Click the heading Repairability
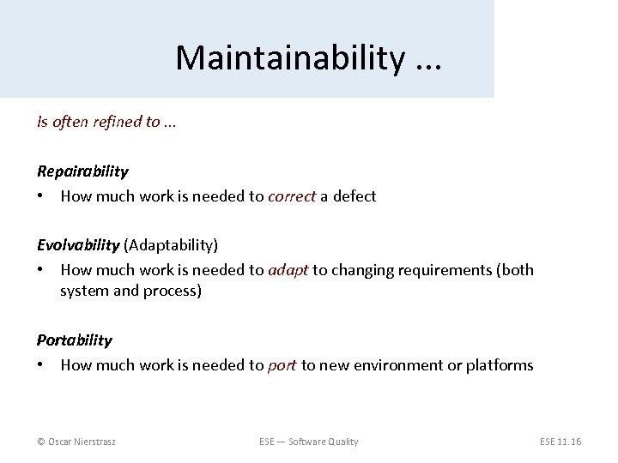[82, 171]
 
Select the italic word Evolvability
[78, 246]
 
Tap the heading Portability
[75, 340]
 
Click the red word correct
[292, 196]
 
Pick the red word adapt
[288, 270]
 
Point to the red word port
[282, 365]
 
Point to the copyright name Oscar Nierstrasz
[77, 442]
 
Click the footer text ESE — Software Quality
[308, 442]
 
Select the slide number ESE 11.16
[560, 442]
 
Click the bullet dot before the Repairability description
[41, 196]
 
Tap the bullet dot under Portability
[41, 365]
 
